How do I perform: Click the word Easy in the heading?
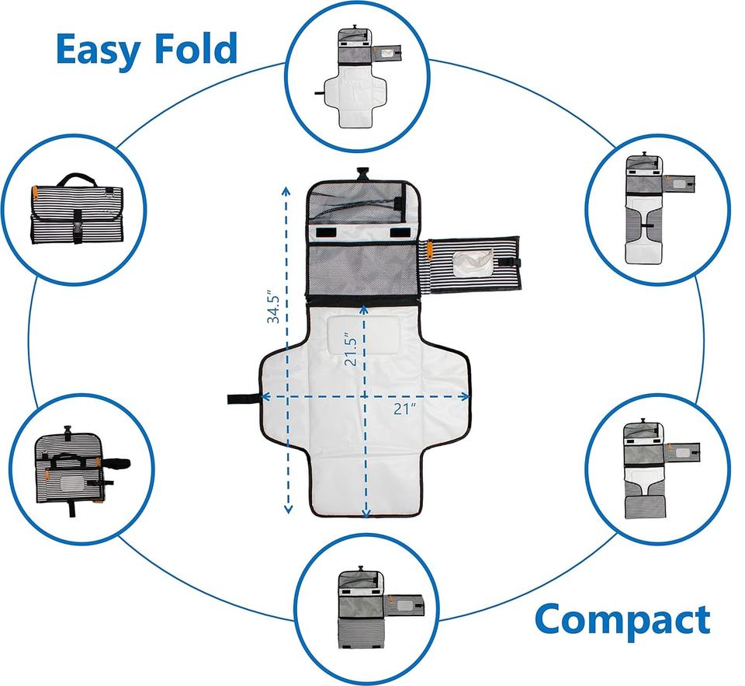(99, 50)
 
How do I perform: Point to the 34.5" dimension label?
(273, 306)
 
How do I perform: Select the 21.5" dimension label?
(351, 348)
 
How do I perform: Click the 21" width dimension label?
(404, 408)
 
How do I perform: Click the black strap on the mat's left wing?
(244, 399)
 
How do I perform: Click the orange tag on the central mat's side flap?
(430, 249)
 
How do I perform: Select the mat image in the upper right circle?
(659, 209)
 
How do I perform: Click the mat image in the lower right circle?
(661, 468)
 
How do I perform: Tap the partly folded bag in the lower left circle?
(81, 469)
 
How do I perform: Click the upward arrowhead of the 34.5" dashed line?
(286, 191)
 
